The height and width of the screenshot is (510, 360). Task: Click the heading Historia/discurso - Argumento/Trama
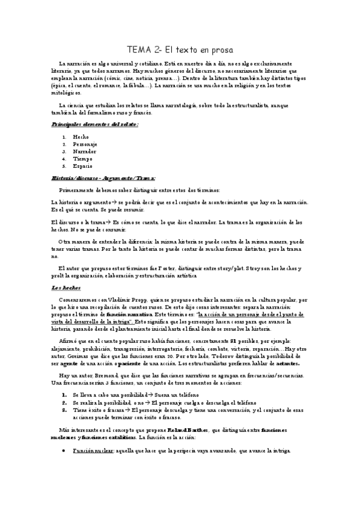(x=103, y=178)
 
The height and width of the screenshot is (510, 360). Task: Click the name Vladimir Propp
(x=124, y=299)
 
